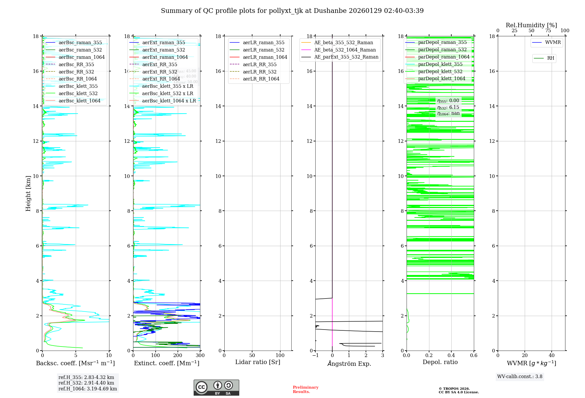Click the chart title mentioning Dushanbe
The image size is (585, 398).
coord(292,11)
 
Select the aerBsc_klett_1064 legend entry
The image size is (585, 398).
coord(79,101)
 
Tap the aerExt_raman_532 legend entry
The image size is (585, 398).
coord(164,50)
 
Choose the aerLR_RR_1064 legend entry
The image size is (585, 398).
coord(261,79)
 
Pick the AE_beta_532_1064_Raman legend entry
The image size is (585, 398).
coord(345,50)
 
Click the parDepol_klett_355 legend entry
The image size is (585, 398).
coord(440,64)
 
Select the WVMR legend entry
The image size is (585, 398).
coord(553,42)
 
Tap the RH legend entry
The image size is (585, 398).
coord(550,58)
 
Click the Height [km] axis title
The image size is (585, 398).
coord(28,193)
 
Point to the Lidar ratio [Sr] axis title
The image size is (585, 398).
coord(258,362)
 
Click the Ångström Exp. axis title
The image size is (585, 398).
coord(349,363)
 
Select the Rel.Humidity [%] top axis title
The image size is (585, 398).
coord(531,25)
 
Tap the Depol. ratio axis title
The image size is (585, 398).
coord(440,362)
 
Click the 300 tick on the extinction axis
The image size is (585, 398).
coord(200,356)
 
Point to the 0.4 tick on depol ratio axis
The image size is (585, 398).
coord(451,356)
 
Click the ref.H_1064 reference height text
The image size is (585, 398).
coord(87,389)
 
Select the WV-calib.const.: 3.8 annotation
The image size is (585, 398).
coord(520,376)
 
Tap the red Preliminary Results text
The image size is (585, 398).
coord(305,389)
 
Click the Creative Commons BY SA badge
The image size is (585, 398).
coord(216,387)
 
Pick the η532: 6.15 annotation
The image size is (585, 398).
coord(448,107)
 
